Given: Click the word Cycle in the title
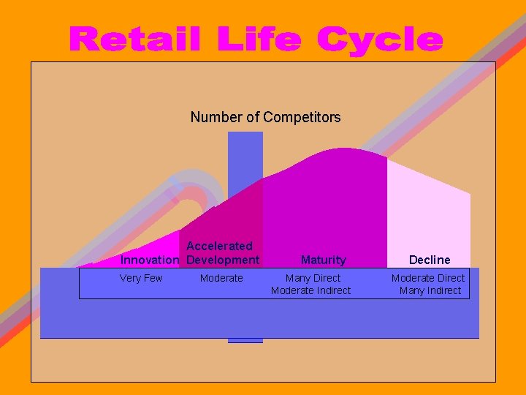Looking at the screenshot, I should click(380, 41).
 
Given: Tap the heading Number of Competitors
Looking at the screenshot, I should click(265, 117).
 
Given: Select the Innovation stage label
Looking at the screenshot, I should click(149, 260).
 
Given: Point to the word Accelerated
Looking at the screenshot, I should click(219, 246).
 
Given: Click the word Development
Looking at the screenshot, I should click(223, 260).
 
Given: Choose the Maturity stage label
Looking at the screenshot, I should click(323, 260).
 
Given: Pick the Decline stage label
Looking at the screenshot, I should click(430, 260).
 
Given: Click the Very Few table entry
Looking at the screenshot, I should click(141, 278).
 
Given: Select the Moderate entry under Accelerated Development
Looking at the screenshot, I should click(221, 278).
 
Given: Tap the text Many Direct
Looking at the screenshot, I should click(313, 278).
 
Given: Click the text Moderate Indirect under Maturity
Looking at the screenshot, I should click(310, 290).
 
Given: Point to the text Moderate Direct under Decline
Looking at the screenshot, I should click(428, 278).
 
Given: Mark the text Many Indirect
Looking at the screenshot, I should click(430, 290).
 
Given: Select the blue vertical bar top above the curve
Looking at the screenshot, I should click(245, 146).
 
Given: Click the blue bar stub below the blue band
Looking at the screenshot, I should click(245, 340).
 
